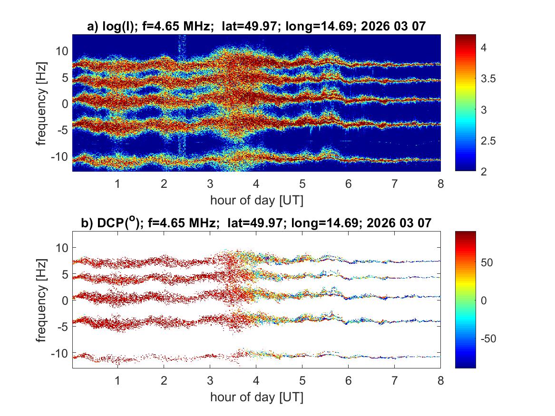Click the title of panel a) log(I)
click(x=256, y=27)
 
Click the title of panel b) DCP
click(x=256, y=223)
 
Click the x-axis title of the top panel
click(x=256, y=200)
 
